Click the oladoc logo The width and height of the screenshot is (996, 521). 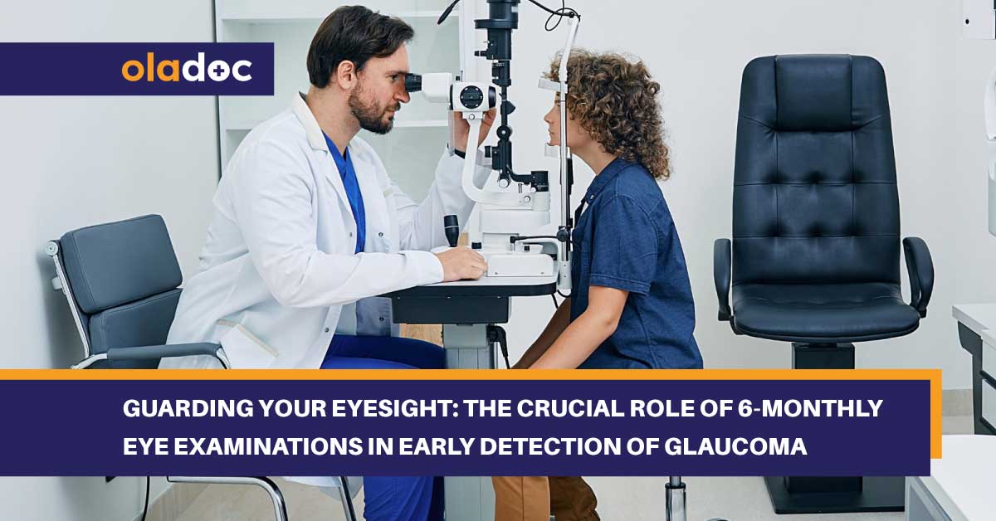187,69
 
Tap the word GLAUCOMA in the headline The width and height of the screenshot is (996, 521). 736,446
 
